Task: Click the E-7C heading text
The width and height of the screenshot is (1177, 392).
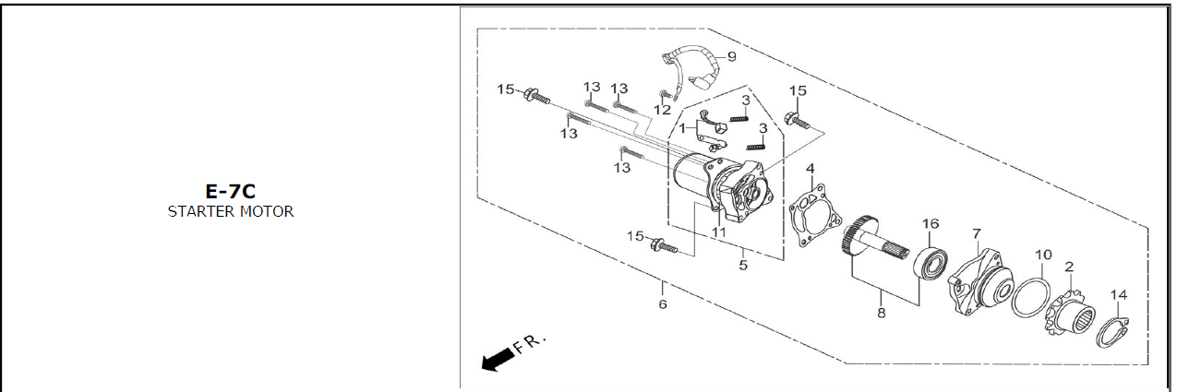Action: [230, 192]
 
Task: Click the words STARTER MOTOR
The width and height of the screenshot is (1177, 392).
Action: [230, 211]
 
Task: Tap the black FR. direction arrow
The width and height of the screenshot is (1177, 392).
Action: [497, 360]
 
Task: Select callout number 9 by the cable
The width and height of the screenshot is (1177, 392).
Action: [731, 56]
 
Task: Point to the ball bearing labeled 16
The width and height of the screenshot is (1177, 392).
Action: [931, 263]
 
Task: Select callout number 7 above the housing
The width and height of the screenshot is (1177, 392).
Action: [977, 233]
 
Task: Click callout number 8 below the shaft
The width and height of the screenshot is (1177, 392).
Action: [882, 314]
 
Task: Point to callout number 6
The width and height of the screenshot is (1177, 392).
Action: [663, 303]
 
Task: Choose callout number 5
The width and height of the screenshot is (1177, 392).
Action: [743, 265]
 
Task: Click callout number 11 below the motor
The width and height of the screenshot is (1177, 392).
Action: [718, 232]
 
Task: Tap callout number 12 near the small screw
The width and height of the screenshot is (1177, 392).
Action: [662, 110]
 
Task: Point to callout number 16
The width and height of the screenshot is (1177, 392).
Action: [930, 224]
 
